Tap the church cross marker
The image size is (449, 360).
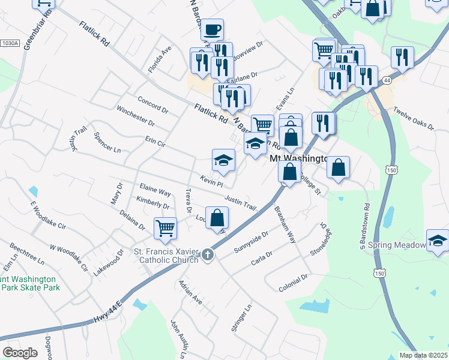pyautogui.click(x=208, y=254)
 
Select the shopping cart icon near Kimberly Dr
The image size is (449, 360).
pyautogui.click(x=165, y=228)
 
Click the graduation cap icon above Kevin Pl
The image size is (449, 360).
pyautogui.click(x=223, y=161)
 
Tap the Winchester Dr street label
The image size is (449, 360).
pyautogui.click(x=136, y=116)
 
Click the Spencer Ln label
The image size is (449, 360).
pyautogui.click(x=107, y=142)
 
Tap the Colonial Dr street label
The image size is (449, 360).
pyautogui.click(x=293, y=280)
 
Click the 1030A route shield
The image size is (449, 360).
pyautogui.click(x=10, y=43)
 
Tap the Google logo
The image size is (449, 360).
pyautogui.click(x=20, y=352)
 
